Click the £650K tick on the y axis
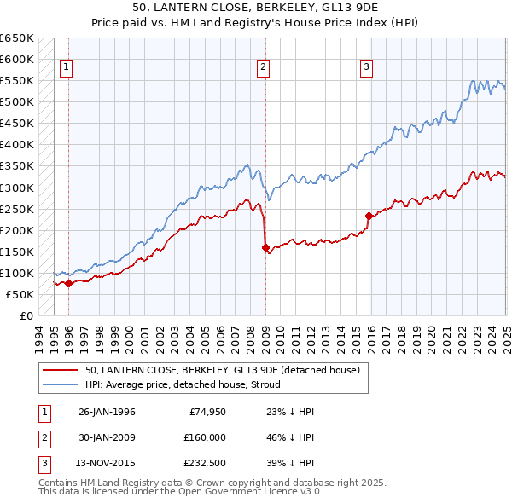tap(17, 38)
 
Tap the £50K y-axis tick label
tap(20, 294)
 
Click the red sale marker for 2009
tap(265, 247)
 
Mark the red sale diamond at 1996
tap(68, 284)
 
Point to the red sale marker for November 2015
tap(369, 216)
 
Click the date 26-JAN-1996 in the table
tap(107, 412)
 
